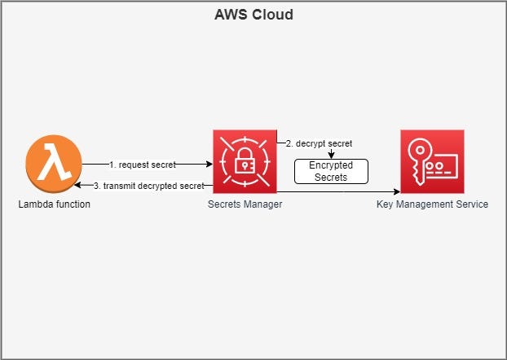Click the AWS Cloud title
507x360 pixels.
(x=253, y=15)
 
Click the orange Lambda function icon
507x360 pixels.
(x=54, y=160)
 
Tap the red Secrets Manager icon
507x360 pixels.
(x=245, y=161)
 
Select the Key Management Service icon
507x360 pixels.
(x=432, y=161)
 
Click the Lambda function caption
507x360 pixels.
(x=54, y=204)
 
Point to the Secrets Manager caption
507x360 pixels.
(x=245, y=204)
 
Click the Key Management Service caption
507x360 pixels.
(x=432, y=204)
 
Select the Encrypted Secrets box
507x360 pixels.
(x=331, y=171)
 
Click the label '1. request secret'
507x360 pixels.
(x=142, y=165)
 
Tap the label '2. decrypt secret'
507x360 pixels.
(x=318, y=143)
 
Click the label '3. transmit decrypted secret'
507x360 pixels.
(x=149, y=186)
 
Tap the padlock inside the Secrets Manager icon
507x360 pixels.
(x=245, y=164)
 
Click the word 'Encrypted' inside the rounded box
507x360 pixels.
(x=331, y=165)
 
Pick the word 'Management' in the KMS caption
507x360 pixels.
(x=433, y=204)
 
